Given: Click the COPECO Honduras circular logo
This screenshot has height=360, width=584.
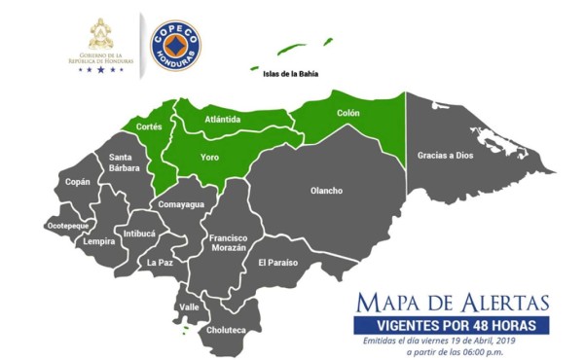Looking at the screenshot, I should pos(174,45).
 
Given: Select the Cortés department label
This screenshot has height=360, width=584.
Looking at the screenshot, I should pos(149,127).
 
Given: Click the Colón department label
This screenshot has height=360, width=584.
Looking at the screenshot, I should pos(347,113).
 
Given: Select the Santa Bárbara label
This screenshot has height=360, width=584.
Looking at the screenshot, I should pos(124,162).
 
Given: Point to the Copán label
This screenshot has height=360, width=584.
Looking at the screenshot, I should pos(77,182).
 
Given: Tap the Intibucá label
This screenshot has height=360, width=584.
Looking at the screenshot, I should pos(139,234).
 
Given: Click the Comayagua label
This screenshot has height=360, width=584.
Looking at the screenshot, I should pos(180,204).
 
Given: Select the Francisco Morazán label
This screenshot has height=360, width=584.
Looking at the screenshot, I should pos(228,243).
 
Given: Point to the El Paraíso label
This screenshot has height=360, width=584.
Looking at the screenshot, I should pos(277,263).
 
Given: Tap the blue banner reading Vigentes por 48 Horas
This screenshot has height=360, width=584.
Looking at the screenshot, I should pos(450,324).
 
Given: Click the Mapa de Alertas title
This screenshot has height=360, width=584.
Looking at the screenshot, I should pos(452,301).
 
